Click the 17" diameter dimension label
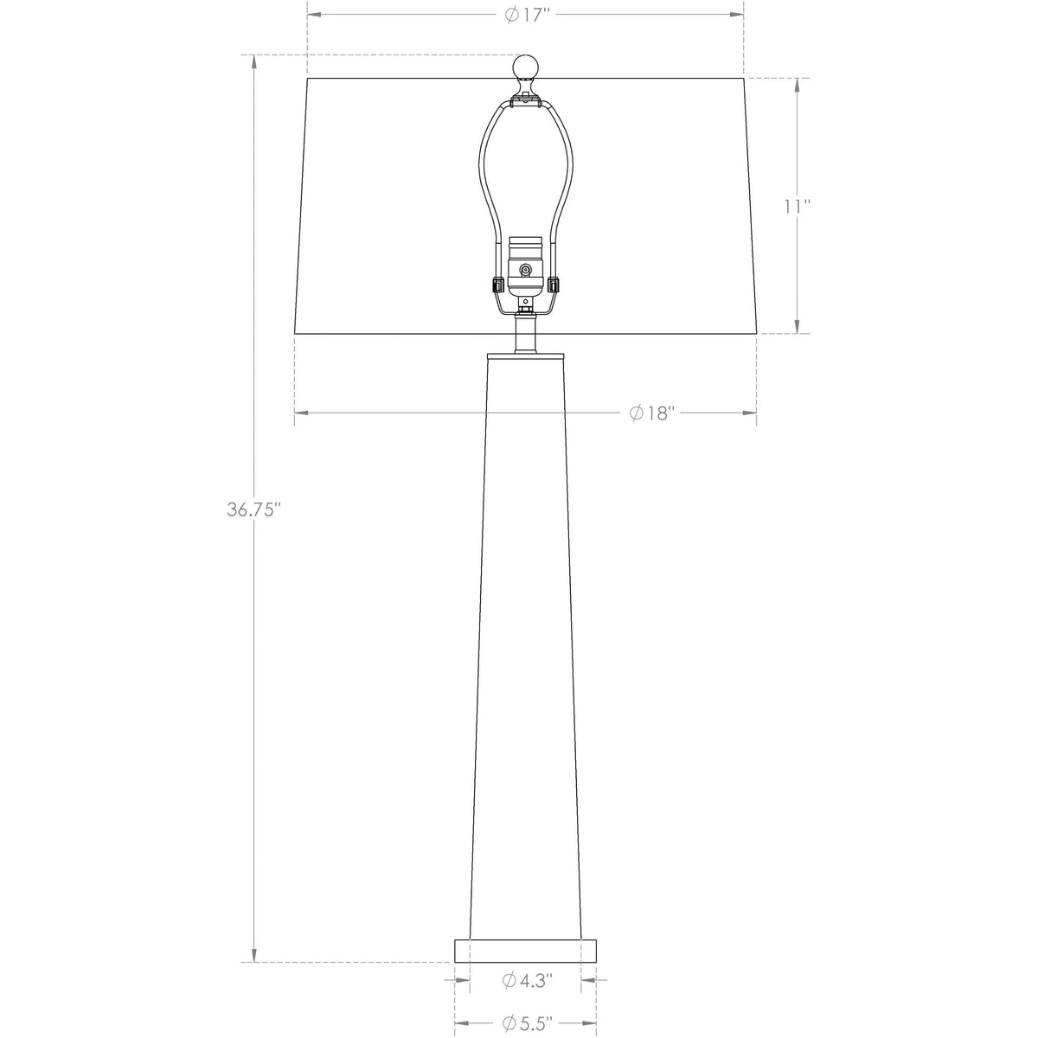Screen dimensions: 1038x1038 click(527, 15)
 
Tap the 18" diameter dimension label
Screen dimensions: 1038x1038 click(652, 413)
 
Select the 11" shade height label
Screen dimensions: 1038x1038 click(797, 206)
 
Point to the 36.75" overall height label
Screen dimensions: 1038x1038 click(254, 509)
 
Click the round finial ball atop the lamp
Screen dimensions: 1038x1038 click(526, 67)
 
